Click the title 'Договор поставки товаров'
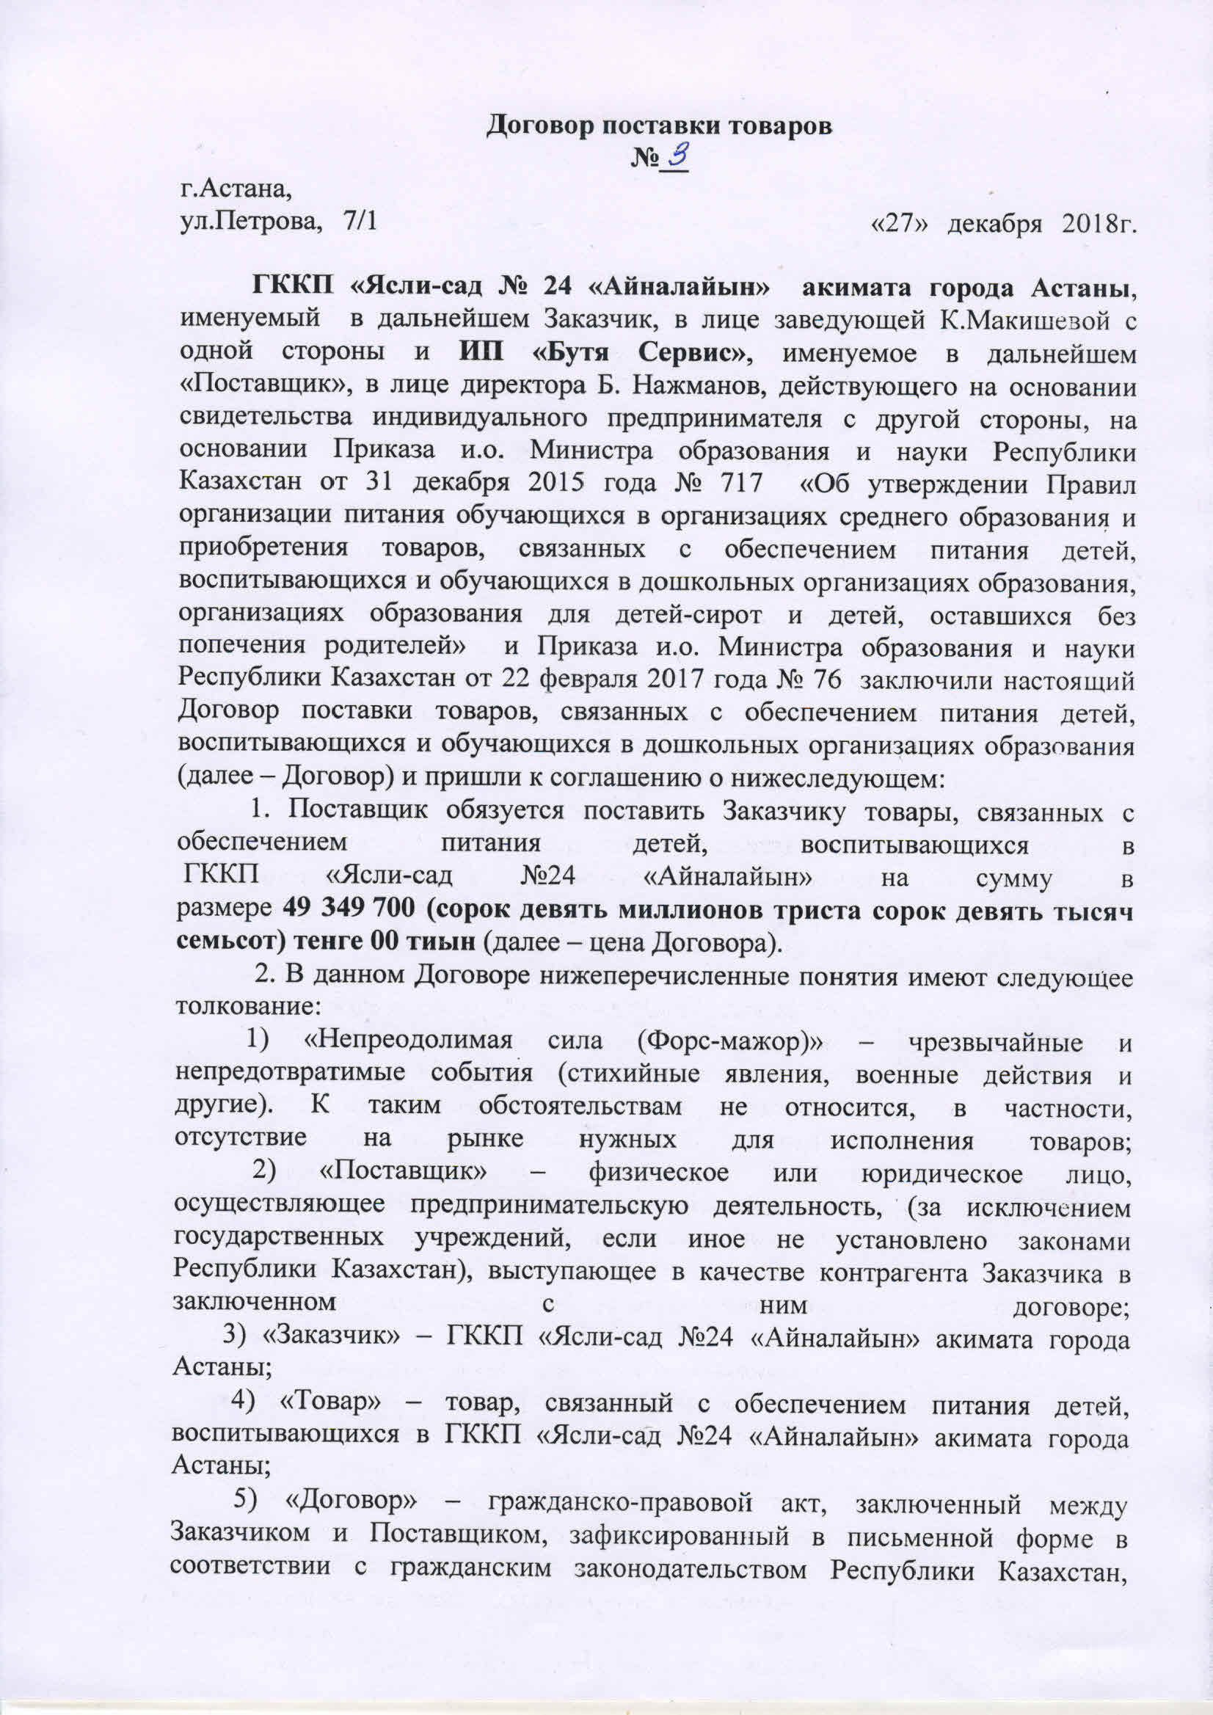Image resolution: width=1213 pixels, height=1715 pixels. (x=660, y=125)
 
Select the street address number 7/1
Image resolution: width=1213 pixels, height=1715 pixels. (x=361, y=222)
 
